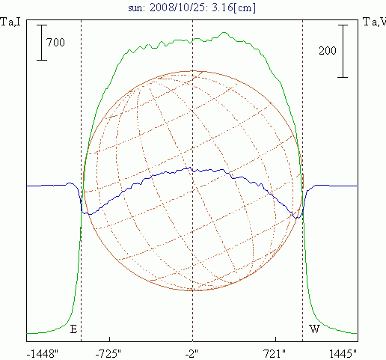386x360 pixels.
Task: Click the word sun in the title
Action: click(x=136, y=8)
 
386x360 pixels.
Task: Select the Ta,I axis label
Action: click(x=10, y=22)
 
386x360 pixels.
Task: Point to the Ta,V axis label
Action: click(x=375, y=22)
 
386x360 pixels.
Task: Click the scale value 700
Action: click(x=55, y=43)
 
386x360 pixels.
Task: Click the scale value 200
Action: click(x=328, y=51)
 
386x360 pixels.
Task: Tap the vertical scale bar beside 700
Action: click(x=42, y=43)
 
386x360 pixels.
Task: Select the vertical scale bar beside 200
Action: click(x=343, y=51)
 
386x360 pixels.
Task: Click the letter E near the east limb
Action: click(x=73, y=329)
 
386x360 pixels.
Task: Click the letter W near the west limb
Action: click(x=314, y=329)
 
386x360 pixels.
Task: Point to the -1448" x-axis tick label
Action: click(x=42, y=354)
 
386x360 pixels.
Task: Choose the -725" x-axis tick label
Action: click(x=108, y=354)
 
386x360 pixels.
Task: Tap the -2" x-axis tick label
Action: click(x=192, y=354)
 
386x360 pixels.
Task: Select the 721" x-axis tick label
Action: click(x=275, y=354)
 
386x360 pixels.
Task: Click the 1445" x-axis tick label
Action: click(x=343, y=354)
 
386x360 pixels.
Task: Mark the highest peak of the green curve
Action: click(x=224, y=32)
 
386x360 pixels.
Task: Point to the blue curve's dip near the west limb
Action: click(x=297, y=218)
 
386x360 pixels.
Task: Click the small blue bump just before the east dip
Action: click(x=71, y=183)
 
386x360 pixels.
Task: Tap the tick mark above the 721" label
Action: click(x=275, y=339)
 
